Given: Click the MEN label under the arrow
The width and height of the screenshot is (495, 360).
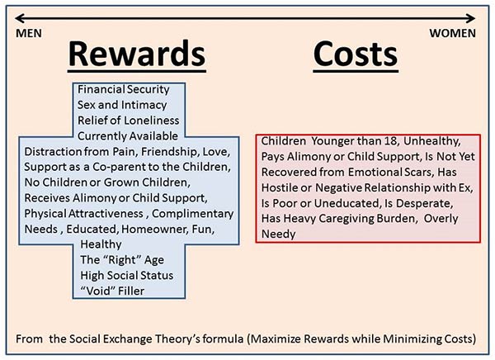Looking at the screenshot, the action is click(x=29, y=33).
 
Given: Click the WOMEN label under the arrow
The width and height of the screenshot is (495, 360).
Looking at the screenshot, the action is click(x=452, y=33).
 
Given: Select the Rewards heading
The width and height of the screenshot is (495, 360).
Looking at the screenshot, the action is click(x=137, y=54).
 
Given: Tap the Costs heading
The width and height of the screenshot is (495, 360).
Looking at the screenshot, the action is click(x=356, y=54).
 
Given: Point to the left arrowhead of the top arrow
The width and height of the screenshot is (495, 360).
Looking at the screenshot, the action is click(x=20, y=18).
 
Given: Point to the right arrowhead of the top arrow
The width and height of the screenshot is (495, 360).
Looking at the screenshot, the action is click(x=470, y=18).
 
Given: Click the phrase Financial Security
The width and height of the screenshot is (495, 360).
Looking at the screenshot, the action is click(x=124, y=89).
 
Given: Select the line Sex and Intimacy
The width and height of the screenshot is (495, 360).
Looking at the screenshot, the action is click(x=122, y=105).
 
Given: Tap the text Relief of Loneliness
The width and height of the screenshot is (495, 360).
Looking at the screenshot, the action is click(x=128, y=121).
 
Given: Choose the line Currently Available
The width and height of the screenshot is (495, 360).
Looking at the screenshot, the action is click(x=128, y=136).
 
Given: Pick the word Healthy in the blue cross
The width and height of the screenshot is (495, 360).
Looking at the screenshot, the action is click(x=101, y=244).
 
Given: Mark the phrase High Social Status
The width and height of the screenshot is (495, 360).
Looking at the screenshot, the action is click(x=126, y=275).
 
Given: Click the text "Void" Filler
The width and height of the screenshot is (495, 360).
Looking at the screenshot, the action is click(x=112, y=291).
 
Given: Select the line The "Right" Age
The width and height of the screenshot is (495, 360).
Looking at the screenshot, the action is click(x=122, y=260).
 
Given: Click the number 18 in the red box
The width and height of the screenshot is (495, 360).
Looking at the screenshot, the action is click(x=391, y=141).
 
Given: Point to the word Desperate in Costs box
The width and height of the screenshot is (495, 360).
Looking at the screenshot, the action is click(x=424, y=203).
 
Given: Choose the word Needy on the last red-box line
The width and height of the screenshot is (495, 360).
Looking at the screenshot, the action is click(x=279, y=234).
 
